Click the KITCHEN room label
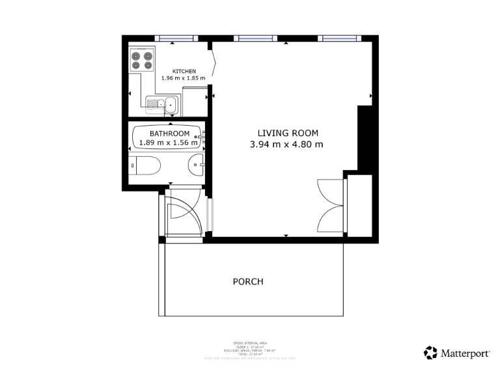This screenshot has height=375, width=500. click(184, 71)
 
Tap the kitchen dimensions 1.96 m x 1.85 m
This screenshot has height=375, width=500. click(184, 78)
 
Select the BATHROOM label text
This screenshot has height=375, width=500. click(169, 133)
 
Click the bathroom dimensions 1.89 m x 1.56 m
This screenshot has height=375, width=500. click(168, 143)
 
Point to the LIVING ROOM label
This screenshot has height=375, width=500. click(286, 134)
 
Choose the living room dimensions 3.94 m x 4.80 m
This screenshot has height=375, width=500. click(286, 145)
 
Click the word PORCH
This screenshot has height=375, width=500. click(248, 282)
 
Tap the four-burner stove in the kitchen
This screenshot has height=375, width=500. click(142, 59)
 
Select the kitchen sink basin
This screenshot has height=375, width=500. click(171, 103)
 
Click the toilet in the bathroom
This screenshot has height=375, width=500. click(145, 166)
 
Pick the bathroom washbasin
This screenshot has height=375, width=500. click(197, 166)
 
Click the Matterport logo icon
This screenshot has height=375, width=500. click(430, 353)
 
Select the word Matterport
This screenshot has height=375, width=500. click(465, 354)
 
